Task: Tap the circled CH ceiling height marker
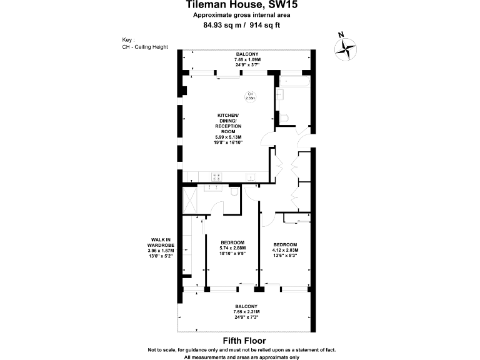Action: tap(250, 96)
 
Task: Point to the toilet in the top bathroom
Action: tap(284, 117)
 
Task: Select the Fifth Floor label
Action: tap(241, 341)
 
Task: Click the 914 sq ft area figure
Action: tap(264, 26)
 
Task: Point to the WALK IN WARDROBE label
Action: tap(161, 245)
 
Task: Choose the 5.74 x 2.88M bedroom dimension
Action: tap(232, 248)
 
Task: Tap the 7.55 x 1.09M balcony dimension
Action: tap(246, 59)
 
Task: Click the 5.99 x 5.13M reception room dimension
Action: tap(228, 137)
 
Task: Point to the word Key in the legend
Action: tap(129, 39)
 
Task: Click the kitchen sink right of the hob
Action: tap(251, 177)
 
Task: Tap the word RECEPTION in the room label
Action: tap(228, 126)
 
